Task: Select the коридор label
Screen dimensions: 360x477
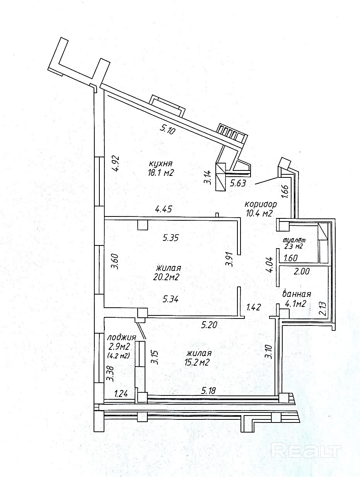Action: [x=261, y=204]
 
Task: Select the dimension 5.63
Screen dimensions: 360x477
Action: [x=238, y=183]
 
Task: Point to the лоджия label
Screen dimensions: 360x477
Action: [x=121, y=337]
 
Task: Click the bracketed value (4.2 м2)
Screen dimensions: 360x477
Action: [x=118, y=355]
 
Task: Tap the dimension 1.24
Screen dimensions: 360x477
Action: [x=121, y=394]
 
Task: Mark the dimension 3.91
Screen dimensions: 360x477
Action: [x=230, y=259]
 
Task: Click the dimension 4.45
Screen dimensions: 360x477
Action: [x=164, y=210]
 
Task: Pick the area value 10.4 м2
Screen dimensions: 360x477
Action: [x=259, y=213]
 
